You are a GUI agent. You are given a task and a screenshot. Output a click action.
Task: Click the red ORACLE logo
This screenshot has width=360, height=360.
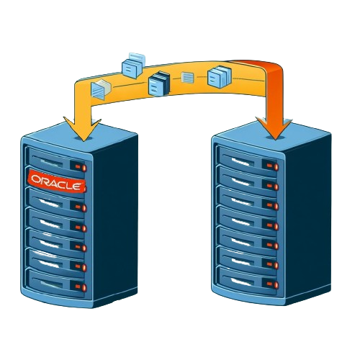point(57,181)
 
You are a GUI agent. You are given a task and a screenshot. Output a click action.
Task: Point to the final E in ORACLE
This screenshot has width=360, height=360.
point(76,186)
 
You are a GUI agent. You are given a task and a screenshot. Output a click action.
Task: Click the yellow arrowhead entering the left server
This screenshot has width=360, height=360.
point(82,129)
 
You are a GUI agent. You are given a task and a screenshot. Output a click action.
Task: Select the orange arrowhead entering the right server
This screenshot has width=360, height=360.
point(275,128)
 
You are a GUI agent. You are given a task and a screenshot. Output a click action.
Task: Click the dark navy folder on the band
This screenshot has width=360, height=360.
point(159,84)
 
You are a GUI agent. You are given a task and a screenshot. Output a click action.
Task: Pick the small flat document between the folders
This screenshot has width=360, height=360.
point(187,78)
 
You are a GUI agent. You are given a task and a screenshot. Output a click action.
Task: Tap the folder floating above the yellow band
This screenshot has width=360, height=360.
point(133,65)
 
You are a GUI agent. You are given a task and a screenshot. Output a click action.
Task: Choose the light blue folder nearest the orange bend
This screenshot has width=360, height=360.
point(220,76)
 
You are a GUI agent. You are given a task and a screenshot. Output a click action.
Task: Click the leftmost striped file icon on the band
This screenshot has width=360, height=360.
point(100,90)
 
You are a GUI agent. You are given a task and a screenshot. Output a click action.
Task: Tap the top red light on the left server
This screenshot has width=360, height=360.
point(81,167)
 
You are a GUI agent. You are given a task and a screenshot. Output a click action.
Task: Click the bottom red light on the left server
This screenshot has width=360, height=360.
point(81,287)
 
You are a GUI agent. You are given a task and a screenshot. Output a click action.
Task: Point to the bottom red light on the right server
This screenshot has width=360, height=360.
point(273,284)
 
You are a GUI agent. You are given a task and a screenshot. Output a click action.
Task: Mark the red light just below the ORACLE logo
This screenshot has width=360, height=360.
point(81,207)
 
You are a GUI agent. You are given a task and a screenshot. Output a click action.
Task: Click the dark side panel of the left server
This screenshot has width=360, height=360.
point(115,221)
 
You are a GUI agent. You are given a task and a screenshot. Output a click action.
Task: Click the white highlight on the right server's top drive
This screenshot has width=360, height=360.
point(242,161)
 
